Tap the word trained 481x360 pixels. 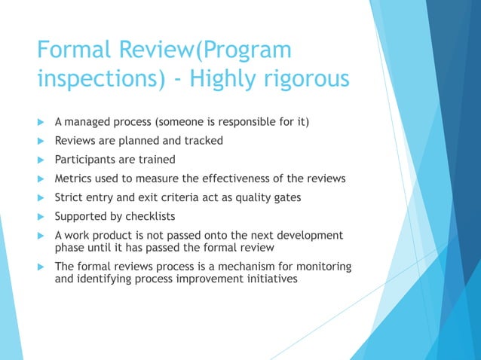pyautogui.click(x=157, y=159)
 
